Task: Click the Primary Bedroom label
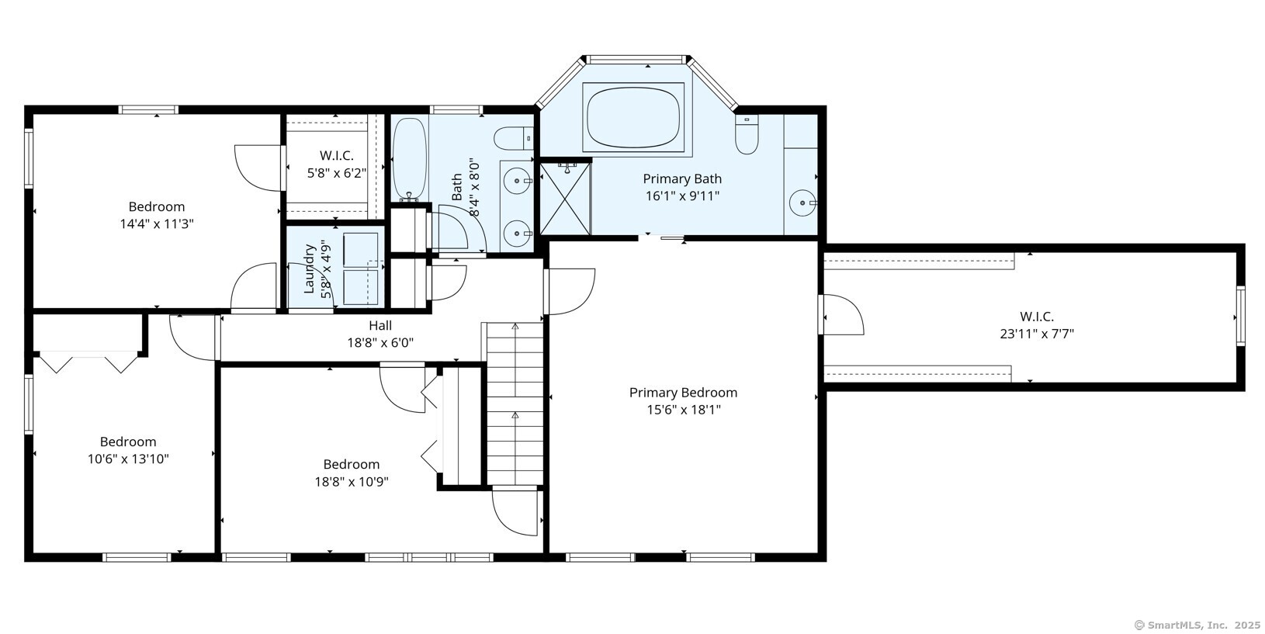[x=683, y=393]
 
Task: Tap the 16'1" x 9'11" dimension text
[x=683, y=196]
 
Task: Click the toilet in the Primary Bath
[x=747, y=133]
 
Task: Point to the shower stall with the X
[x=565, y=198]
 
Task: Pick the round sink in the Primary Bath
[x=802, y=203]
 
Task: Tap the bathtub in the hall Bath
[x=410, y=159]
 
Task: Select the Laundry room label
[x=309, y=268]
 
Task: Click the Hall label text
[x=380, y=325]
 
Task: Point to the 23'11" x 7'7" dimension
[x=1037, y=334]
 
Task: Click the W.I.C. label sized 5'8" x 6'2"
[x=337, y=155]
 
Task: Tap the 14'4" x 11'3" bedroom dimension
[x=157, y=223]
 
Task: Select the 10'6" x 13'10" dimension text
[x=128, y=459]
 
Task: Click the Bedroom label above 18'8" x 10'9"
[x=352, y=464]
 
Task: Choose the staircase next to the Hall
[x=515, y=403]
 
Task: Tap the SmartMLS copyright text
[x=1197, y=625]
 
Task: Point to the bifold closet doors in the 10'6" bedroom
[x=88, y=362]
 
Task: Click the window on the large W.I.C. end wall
[x=1241, y=316]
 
